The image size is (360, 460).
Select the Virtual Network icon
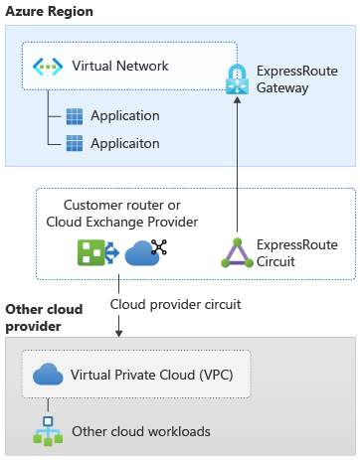point(48,67)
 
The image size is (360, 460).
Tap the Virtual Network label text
point(120,67)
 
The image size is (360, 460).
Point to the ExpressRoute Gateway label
point(294,80)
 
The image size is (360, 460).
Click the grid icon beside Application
point(75,116)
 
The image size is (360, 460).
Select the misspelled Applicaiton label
point(124,143)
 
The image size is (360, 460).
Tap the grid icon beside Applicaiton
point(75,143)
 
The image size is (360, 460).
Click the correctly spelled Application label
point(124,116)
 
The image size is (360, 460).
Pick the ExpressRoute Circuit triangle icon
point(237,253)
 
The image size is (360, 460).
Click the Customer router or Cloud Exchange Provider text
point(122,213)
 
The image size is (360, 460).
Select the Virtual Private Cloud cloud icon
point(48,376)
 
